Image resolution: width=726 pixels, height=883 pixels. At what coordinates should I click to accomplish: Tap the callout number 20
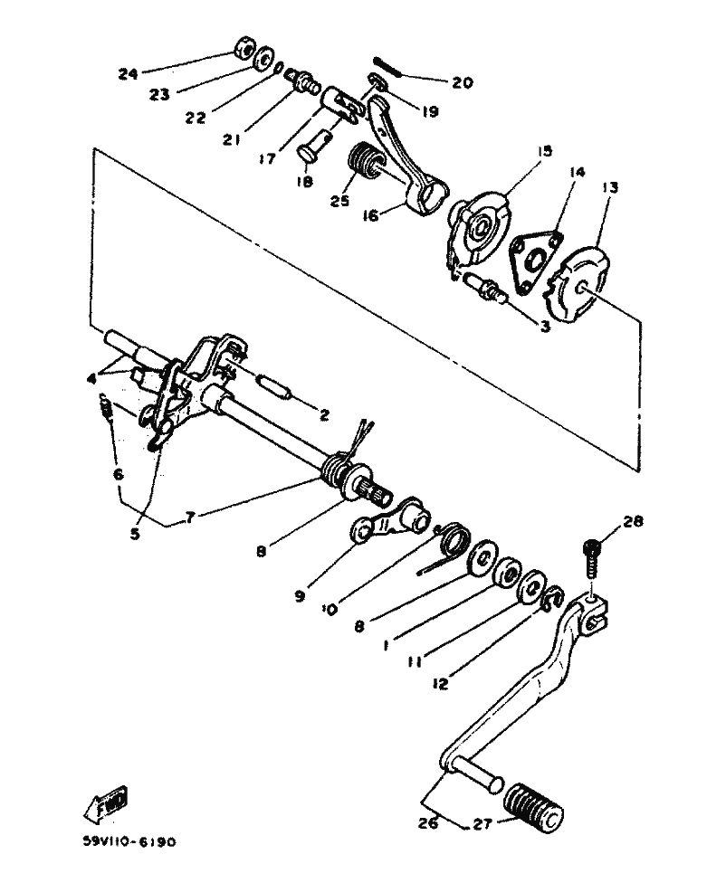coord(462,83)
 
